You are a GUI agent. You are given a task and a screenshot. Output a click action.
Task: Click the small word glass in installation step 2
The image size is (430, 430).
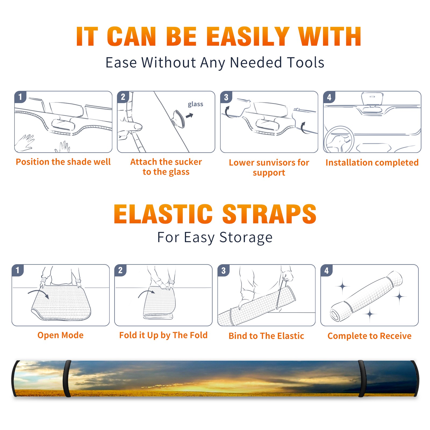pyautogui.click(x=195, y=104)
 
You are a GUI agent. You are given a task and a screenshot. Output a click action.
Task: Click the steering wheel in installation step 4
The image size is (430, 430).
pyautogui.click(x=339, y=140)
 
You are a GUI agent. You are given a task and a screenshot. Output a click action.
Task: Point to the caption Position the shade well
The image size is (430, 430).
pyautogui.click(x=63, y=162)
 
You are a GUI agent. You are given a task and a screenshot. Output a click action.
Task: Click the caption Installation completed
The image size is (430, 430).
pyautogui.click(x=372, y=163)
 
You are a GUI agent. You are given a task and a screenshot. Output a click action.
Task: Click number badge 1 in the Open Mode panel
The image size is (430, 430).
pyautogui.click(x=18, y=270)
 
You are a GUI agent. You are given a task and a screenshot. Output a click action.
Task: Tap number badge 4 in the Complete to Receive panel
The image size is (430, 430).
pyautogui.click(x=327, y=270)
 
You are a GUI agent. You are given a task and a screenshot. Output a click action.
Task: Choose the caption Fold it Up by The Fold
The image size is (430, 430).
pyautogui.click(x=163, y=335)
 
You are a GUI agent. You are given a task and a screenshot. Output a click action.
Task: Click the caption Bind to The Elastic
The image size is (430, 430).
pyautogui.click(x=266, y=336)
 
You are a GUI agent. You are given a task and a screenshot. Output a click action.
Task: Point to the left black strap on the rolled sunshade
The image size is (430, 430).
pyautogui.click(x=67, y=379)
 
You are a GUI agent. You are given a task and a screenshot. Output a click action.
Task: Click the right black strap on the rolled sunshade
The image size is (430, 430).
pyautogui.click(x=362, y=379)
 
